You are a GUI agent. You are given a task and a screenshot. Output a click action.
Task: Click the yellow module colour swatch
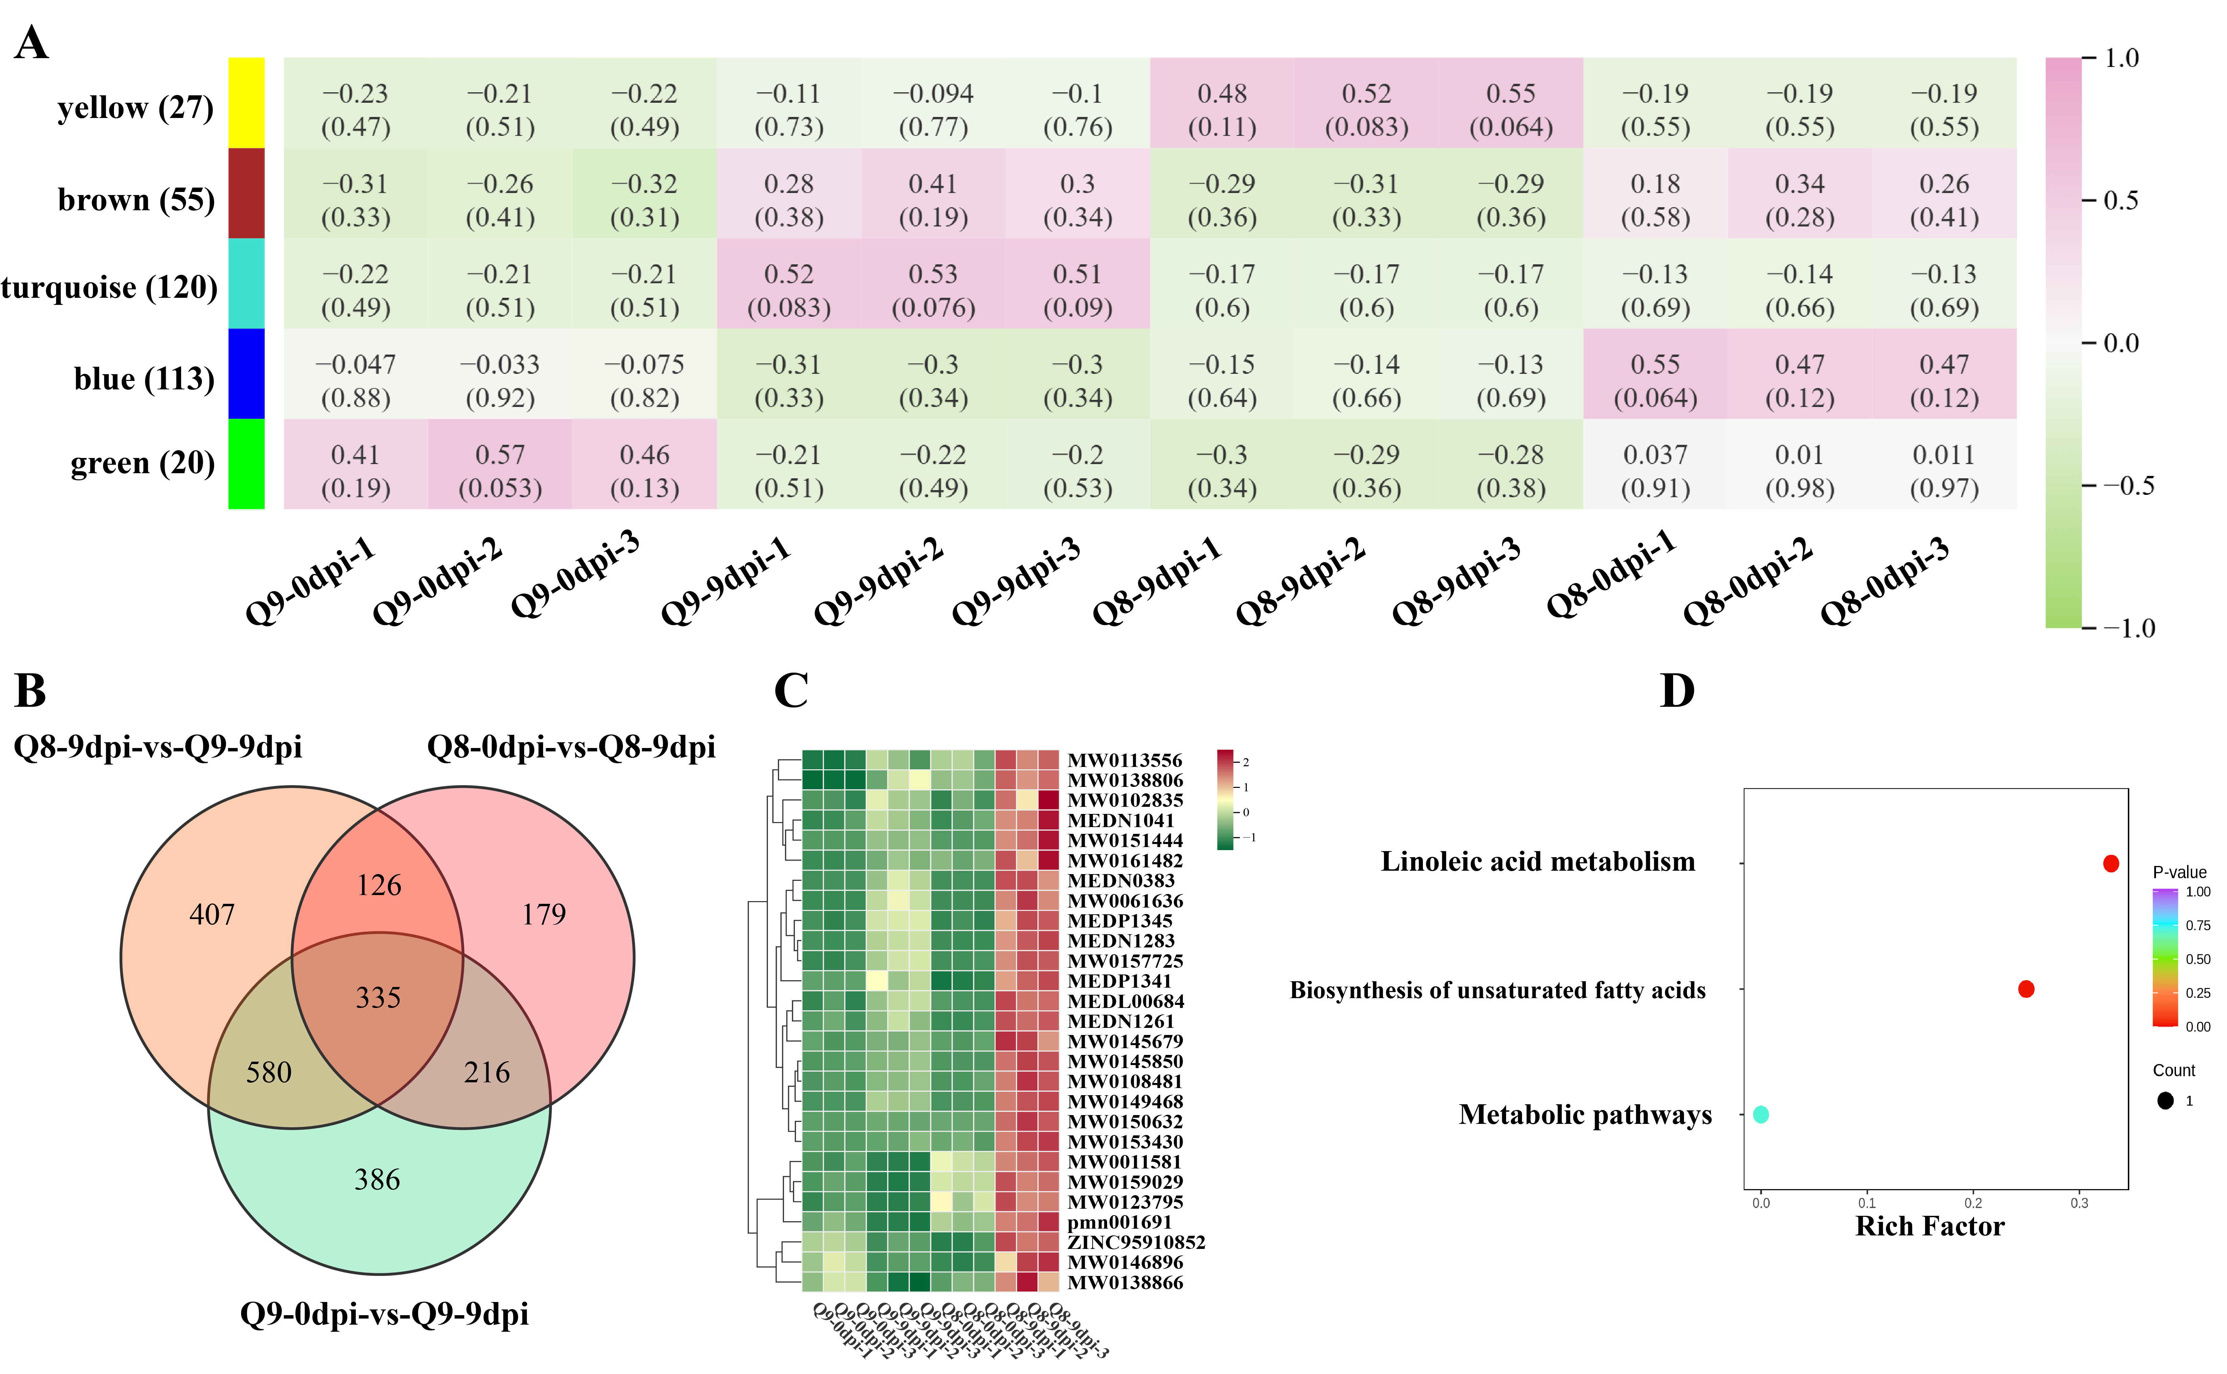coord(246,103)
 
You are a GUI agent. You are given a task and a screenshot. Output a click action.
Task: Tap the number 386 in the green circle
coord(377,1180)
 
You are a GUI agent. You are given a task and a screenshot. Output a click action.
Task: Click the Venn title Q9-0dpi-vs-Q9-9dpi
coord(384,1314)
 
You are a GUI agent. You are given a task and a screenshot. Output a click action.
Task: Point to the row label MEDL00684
coord(1125,1001)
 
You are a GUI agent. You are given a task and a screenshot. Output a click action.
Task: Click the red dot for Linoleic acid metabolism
coord(2111,863)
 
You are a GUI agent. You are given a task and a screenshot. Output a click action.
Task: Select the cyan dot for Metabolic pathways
coord(1761,1114)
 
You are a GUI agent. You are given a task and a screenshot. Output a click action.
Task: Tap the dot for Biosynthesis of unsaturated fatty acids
coord(2026,989)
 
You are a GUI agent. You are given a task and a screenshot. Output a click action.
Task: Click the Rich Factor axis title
coord(1929,1227)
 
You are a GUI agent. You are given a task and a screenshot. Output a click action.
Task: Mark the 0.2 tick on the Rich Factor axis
coord(1973,1203)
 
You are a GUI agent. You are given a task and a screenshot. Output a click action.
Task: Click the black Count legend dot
coord(2165,1101)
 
